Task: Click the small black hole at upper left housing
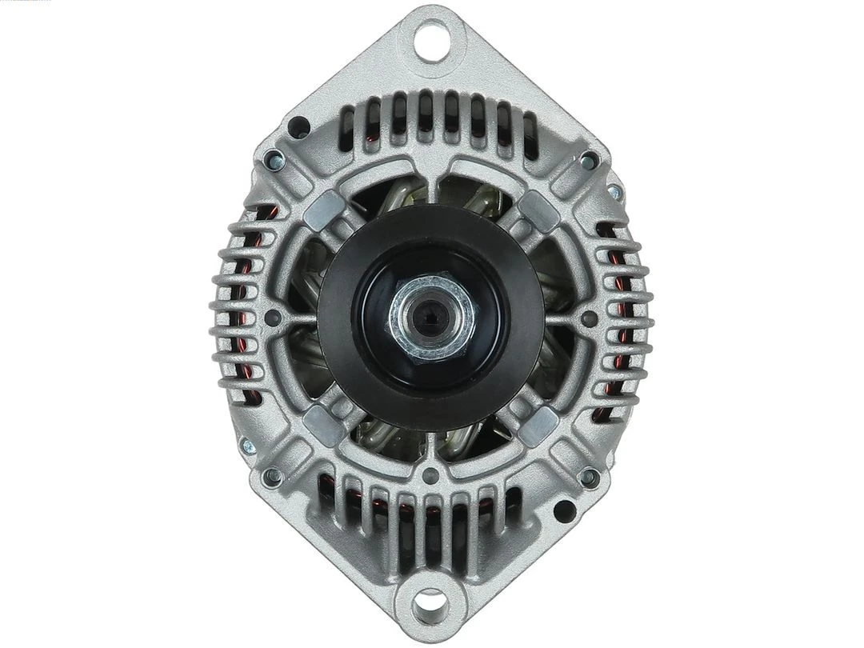click(x=299, y=123)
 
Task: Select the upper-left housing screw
click(x=274, y=158)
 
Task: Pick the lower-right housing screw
click(x=589, y=477)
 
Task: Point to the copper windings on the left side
click(x=244, y=312)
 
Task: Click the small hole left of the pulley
click(x=276, y=317)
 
